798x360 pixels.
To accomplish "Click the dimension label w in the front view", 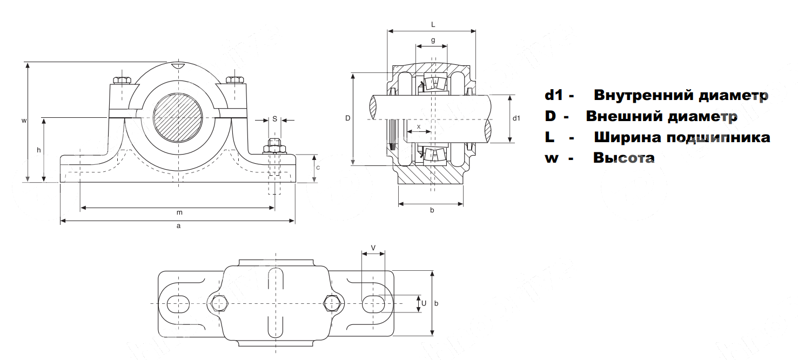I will (x=24, y=121).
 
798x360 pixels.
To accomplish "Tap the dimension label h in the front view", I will (x=39, y=150).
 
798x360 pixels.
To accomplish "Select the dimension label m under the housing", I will (x=179, y=212).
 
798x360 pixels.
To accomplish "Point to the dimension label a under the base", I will (x=178, y=226).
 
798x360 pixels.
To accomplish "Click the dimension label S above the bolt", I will (x=274, y=118).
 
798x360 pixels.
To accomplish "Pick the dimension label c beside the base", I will (x=318, y=168).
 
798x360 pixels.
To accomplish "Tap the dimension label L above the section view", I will (x=433, y=24).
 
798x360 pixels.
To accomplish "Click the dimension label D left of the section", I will (x=348, y=118).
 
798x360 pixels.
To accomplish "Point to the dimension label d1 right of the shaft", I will (x=516, y=118).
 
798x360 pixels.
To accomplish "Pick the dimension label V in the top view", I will (x=373, y=248).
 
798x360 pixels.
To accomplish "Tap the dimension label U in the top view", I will (x=424, y=303).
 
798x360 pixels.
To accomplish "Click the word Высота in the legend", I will (x=623, y=158).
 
